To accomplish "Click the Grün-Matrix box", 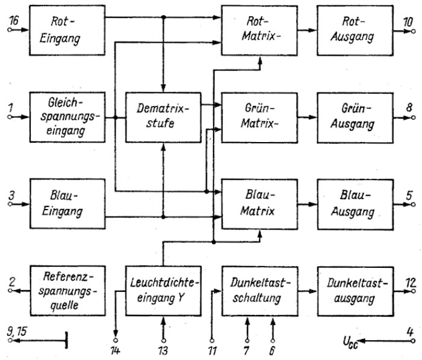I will (260, 116).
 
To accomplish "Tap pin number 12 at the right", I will (409, 282).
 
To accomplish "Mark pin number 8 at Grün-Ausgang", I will (410, 108).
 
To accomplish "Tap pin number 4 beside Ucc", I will (410, 331).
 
